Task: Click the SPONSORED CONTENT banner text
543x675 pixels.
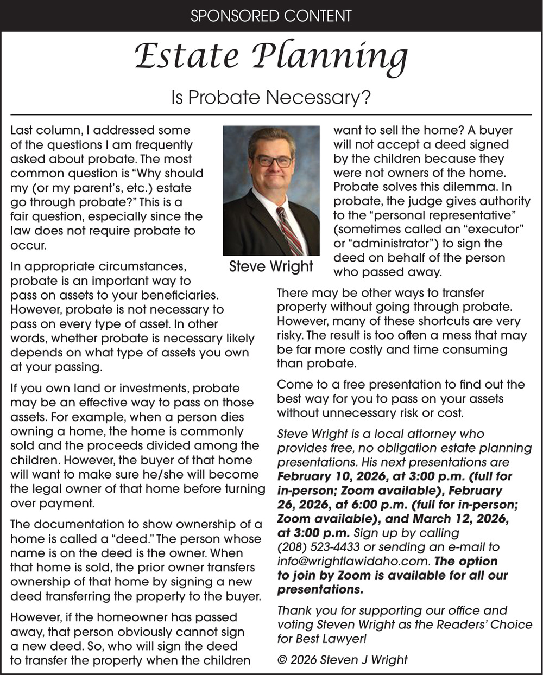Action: click(271, 16)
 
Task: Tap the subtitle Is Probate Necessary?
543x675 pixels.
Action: click(271, 98)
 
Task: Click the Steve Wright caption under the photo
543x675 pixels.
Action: click(271, 266)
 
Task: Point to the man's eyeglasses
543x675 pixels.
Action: click(273, 161)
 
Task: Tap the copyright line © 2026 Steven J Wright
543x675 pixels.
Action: click(342, 660)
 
